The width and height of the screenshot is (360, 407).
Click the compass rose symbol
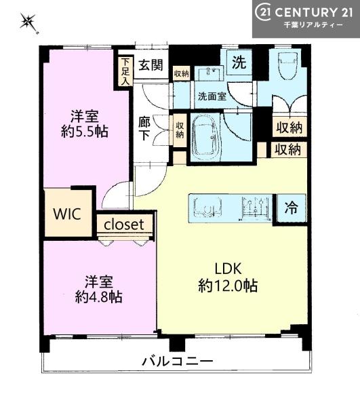tap(28, 22)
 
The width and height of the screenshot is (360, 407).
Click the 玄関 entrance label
tap(151, 65)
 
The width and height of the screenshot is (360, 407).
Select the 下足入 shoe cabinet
tap(125, 71)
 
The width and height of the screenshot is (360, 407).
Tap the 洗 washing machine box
tap(239, 62)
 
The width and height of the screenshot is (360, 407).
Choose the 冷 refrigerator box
tap(292, 208)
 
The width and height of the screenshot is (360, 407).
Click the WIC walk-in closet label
tap(67, 214)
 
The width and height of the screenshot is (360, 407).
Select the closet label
tap(123, 225)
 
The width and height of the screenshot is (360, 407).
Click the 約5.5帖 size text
tap(85, 132)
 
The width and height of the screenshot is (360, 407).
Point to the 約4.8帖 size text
tap(98, 296)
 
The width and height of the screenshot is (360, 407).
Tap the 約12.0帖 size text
tap(228, 286)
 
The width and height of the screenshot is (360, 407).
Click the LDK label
tap(228, 269)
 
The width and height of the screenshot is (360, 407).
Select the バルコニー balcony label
tap(178, 362)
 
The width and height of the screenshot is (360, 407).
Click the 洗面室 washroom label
tap(212, 96)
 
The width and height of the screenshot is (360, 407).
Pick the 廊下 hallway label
tap(144, 128)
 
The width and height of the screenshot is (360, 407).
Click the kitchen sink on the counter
tap(207, 208)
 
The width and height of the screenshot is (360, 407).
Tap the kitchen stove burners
tap(255, 208)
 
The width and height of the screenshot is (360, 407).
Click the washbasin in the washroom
tap(209, 73)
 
